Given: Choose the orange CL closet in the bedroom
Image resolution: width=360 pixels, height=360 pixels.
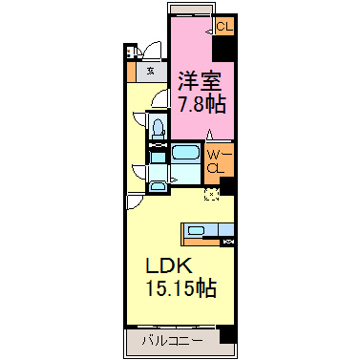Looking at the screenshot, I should [x=222, y=28].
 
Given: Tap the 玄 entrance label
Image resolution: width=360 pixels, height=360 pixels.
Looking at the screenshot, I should [x=151, y=69].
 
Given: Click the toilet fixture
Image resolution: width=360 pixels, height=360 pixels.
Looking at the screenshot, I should [x=159, y=126].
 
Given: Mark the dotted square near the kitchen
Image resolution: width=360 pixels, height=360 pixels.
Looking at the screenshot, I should [x=211, y=195].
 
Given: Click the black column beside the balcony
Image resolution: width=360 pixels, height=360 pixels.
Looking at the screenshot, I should [x=226, y=335].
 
